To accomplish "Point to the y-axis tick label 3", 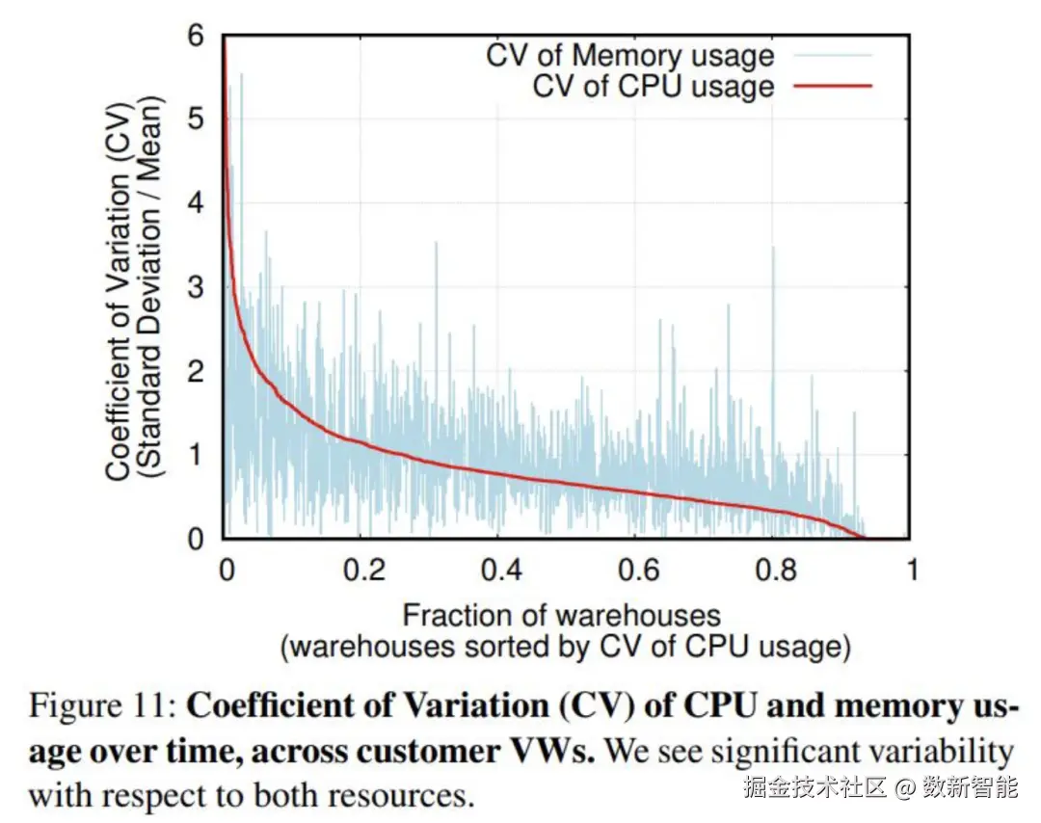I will (x=196, y=286).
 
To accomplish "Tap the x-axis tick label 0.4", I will (x=502, y=570).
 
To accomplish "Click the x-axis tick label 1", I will (x=910, y=570).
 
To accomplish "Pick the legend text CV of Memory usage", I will (x=629, y=54).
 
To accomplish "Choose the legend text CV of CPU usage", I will (x=654, y=86).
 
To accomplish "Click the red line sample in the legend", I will (x=833, y=86).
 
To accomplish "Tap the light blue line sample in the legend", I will (x=833, y=55).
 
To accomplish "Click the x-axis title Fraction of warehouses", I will (x=561, y=615).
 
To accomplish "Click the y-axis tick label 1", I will (x=196, y=455).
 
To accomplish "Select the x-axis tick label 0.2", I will (x=365, y=570).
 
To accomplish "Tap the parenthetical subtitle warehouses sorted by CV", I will (x=565, y=647).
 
